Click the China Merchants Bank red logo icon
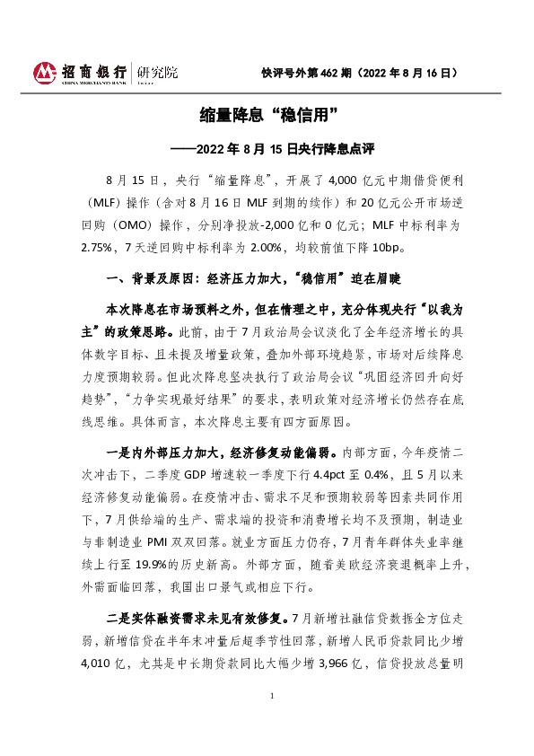click(x=45, y=72)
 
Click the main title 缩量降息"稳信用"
click(x=266, y=115)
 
